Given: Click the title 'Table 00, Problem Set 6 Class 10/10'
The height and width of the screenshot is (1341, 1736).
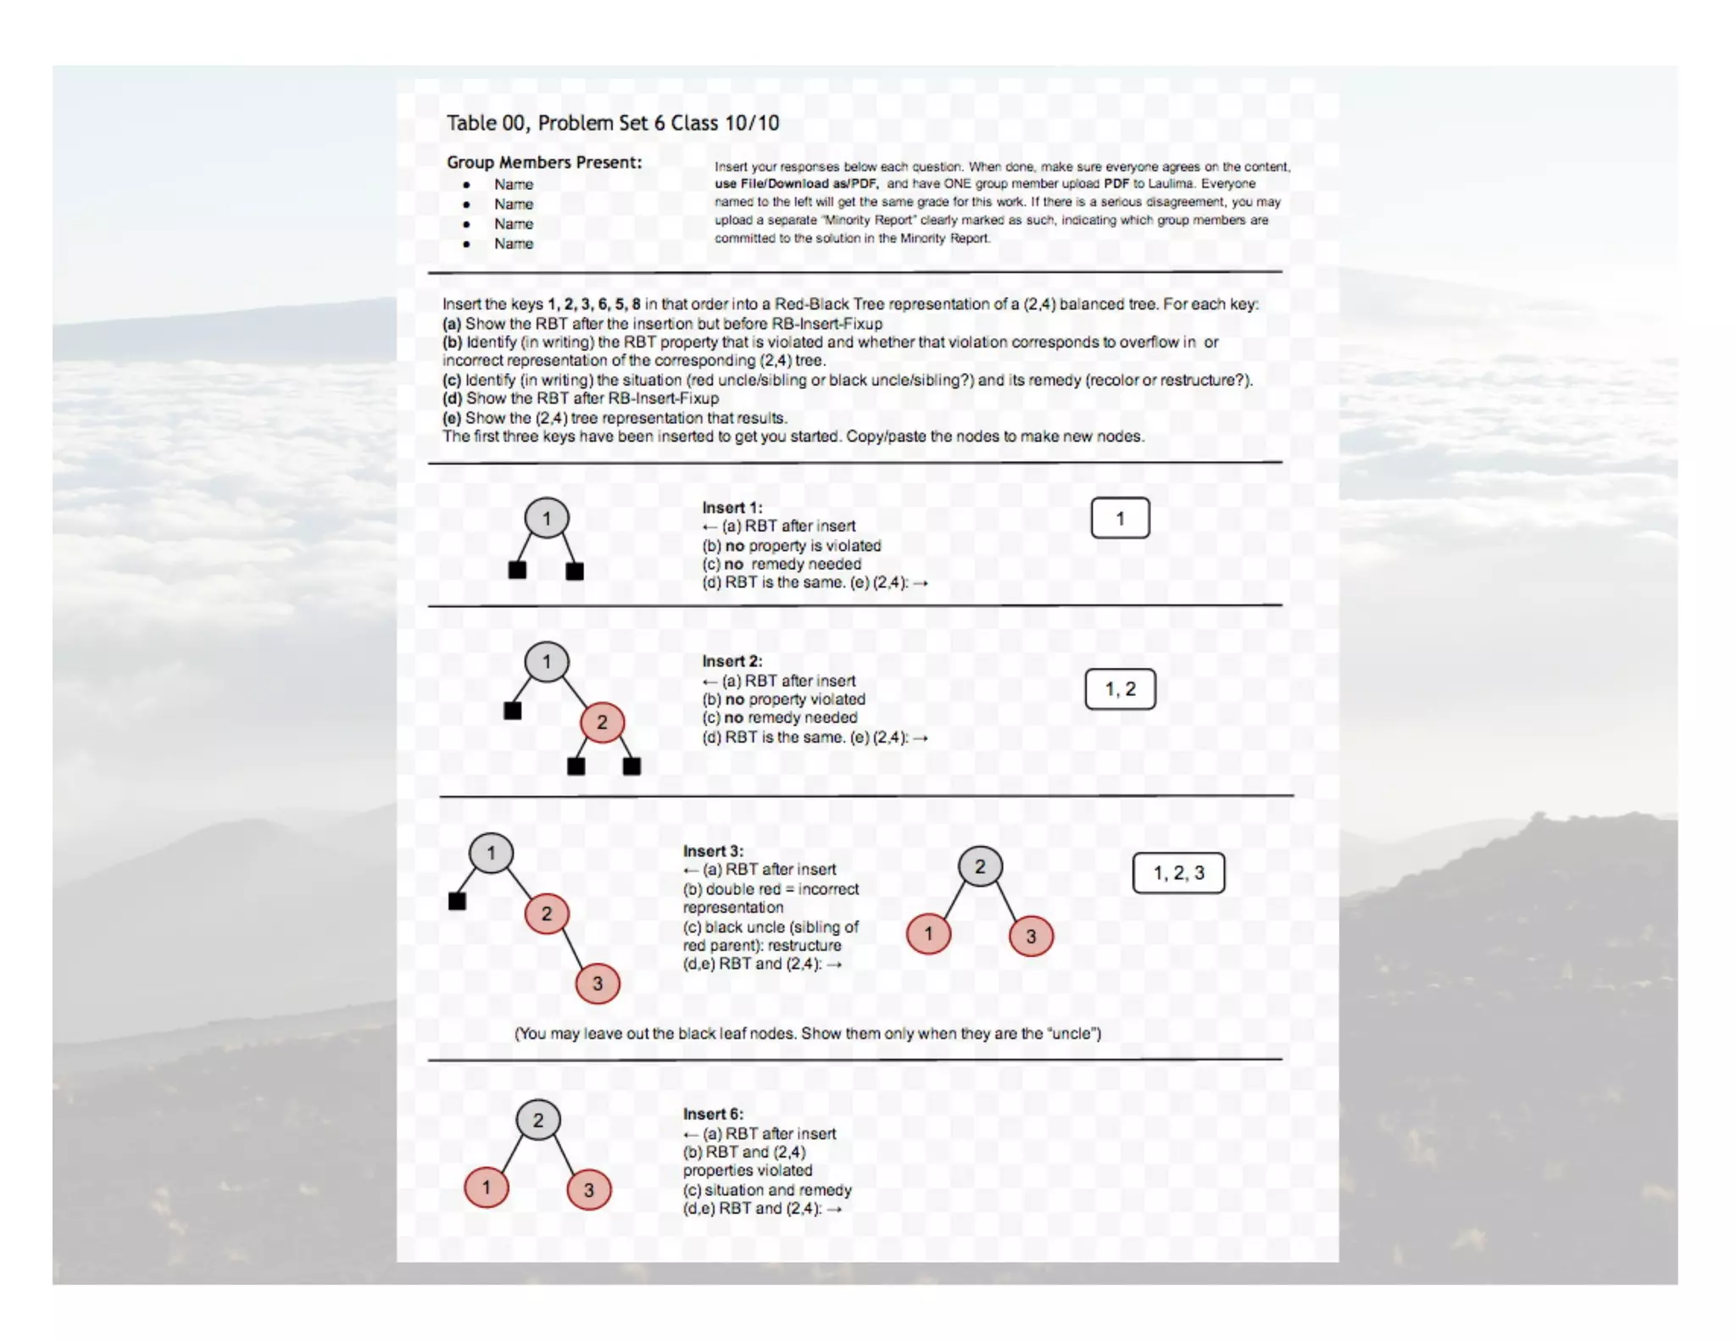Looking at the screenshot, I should click(612, 123).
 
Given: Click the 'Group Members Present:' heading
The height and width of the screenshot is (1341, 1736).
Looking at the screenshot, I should click(544, 162).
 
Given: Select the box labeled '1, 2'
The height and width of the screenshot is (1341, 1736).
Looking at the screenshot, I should click(1120, 689).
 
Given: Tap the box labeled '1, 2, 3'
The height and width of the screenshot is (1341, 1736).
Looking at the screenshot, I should click(1178, 873).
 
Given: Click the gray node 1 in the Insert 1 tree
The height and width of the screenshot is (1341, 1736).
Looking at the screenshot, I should click(547, 519).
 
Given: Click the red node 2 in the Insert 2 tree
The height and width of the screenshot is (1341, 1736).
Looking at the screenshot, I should click(602, 723).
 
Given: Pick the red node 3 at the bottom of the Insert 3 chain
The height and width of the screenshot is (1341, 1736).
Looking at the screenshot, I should click(598, 983).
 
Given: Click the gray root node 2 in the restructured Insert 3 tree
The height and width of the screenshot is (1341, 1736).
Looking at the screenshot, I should click(980, 866).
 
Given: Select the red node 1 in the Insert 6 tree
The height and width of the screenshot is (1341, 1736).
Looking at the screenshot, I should click(487, 1188).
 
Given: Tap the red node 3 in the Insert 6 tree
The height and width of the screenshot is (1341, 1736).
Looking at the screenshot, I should click(589, 1190).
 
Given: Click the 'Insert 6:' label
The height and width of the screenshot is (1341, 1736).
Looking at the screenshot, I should click(713, 1114).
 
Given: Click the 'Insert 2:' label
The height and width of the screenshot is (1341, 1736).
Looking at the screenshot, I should click(732, 661).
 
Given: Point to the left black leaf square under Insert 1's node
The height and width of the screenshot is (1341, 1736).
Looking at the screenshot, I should click(517, 570).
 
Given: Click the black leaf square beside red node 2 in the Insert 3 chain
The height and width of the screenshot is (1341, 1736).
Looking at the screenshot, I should click(457, 901).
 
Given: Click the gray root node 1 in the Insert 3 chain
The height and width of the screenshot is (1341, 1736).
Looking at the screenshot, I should click(491, 853).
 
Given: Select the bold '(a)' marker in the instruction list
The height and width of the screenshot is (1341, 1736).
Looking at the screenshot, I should click(452, 324).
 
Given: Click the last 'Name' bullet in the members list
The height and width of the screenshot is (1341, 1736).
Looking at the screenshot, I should click(514, 244).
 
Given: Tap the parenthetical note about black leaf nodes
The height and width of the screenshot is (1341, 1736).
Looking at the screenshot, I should click(807, 1033).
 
